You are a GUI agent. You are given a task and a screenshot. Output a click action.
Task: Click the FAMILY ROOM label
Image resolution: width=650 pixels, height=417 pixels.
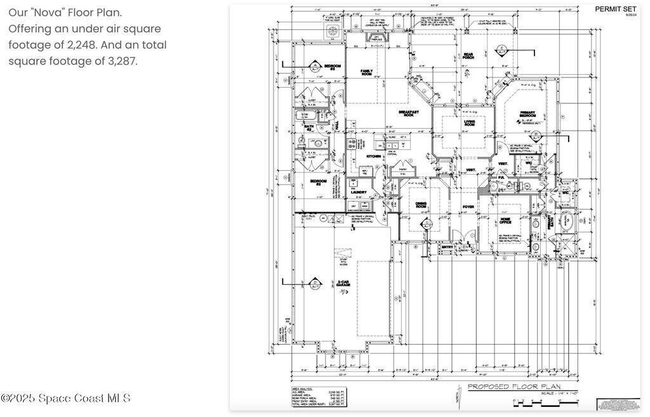(366, 72)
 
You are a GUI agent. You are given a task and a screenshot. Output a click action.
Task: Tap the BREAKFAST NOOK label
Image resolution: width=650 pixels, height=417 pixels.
(409, 113)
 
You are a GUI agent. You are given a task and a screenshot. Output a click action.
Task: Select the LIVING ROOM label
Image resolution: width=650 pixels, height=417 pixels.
(469, 123)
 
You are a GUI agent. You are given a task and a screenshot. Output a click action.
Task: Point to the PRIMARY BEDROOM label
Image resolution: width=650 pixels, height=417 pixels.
(527, 114)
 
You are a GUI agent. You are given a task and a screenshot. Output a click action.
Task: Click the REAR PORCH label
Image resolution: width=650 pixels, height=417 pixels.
(468, 56)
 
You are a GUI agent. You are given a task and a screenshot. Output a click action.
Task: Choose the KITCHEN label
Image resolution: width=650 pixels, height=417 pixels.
(373, 156)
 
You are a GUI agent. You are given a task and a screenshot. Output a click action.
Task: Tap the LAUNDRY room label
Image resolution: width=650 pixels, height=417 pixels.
(359, 192)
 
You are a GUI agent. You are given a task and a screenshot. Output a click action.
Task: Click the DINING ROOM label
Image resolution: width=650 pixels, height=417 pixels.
(421, 204)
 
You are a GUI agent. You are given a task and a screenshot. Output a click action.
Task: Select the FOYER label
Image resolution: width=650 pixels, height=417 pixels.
(468, 207)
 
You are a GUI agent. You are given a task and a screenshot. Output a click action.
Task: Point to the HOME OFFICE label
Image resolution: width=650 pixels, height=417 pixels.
(505, 221)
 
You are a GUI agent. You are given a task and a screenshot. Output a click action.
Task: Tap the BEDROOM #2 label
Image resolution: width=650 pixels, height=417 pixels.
(318, 183)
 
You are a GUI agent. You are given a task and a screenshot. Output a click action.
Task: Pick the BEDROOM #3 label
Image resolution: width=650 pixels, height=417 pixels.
(333, 66)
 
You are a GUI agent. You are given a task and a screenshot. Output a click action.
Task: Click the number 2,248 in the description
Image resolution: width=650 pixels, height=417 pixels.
(85, 45)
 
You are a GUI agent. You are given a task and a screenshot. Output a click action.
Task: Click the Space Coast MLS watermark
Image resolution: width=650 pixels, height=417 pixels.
(65, 399)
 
